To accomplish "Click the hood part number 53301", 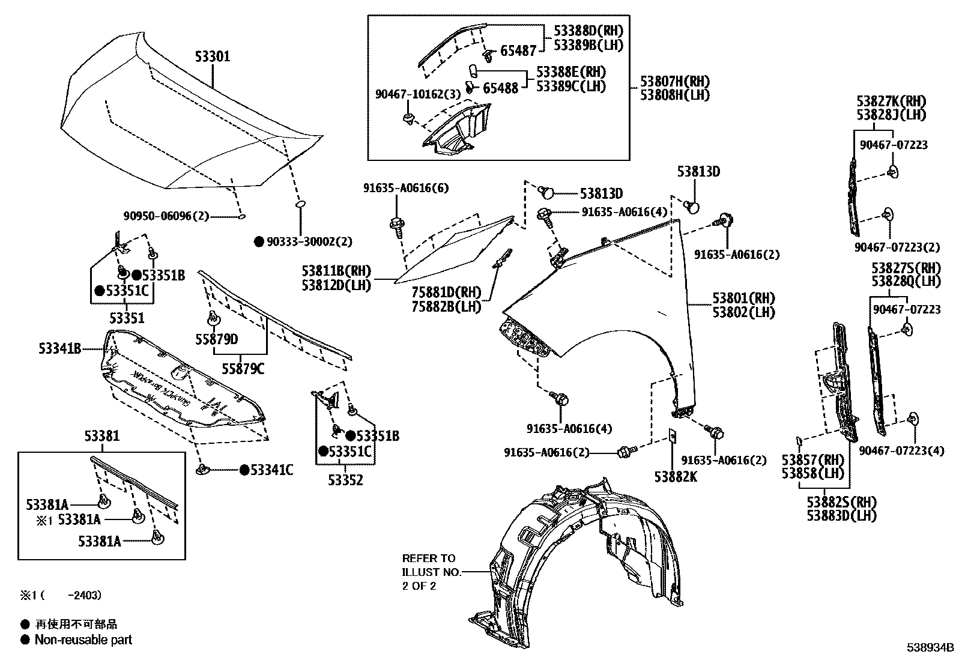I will click(212, 56).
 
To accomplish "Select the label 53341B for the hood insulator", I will click(60, 348).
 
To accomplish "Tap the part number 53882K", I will click(676, 476).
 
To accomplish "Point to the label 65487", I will click(518, 52).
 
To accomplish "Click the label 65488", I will click(500, 88).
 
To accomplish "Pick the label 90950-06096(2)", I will click(166, 216).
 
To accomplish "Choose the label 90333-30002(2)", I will click(309, 241).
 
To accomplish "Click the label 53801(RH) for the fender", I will click(743, 298).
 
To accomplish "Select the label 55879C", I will click(243, 369).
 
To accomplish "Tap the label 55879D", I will click(216, 339).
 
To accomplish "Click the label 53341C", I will click(271, 470).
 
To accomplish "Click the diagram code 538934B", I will click(930, 648).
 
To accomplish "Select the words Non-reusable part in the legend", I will click(83, 640).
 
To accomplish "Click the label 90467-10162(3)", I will click(417, 94).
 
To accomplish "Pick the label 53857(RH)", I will click(812, 459).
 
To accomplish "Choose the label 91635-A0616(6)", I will click(405, 188).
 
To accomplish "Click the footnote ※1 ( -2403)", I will click(60, 595).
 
